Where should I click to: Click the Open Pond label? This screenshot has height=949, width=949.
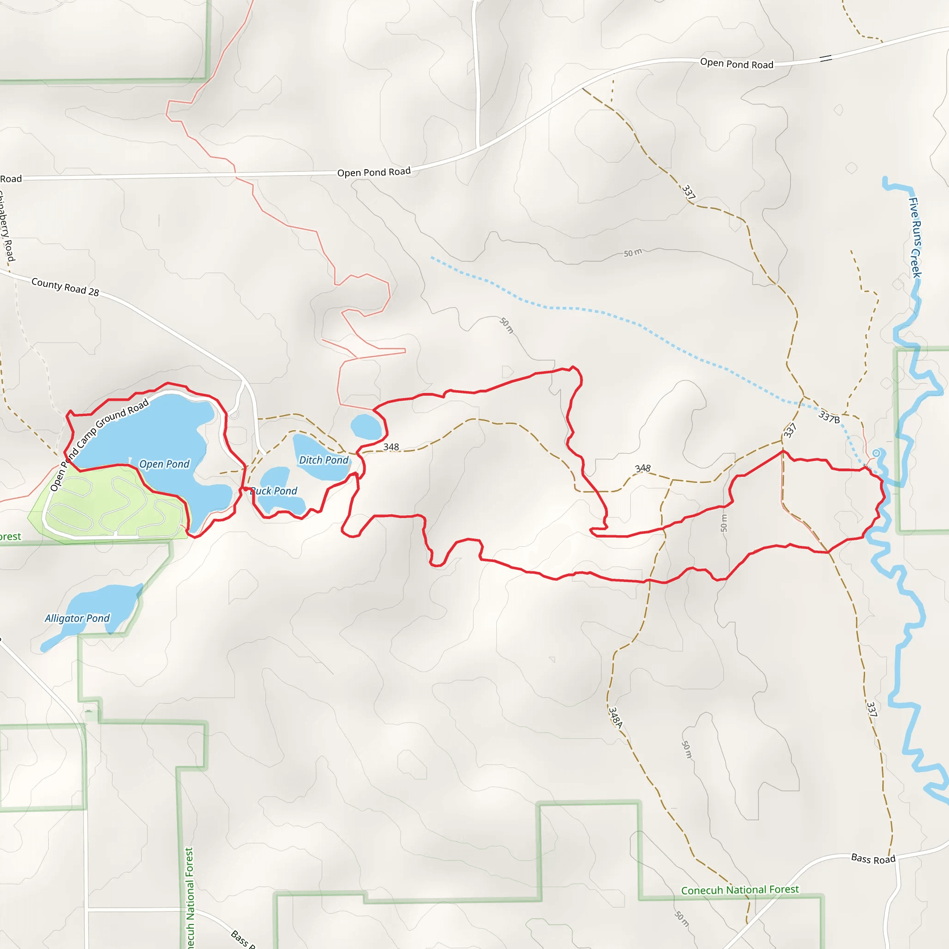click(x=164, y=464)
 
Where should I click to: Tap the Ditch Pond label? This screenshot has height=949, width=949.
click(x=324, y=460)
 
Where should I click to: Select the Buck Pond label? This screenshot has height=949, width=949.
click(x=274, y=491)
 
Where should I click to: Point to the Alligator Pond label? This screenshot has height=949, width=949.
click(x=77, y=619)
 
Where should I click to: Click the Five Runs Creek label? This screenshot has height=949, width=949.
click(x=915, y=237)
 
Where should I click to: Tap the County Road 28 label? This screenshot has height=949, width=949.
click(x=65, y=287)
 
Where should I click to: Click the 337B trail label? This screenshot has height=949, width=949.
click(x=829, y=417)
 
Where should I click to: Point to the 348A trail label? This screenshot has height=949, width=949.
click(x=615, y=717)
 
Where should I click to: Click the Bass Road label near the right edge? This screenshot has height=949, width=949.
click(x=873, y=859)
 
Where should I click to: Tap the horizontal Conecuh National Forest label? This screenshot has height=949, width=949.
click(x=740, y=890)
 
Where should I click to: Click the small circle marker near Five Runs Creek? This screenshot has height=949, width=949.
click(x=876, y=453)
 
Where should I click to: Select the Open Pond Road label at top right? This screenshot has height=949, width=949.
click(x=736, y=64)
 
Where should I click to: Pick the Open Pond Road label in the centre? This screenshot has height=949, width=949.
click(x=374, y=172)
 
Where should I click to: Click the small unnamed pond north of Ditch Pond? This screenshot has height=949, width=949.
click(x=366, y=426)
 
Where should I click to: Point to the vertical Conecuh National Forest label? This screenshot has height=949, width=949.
click(x=190, y=898)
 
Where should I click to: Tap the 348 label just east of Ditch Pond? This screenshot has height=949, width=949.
click(x=391, y=447)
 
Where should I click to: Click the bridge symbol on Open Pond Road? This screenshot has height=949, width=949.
click(x=826, y=58)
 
